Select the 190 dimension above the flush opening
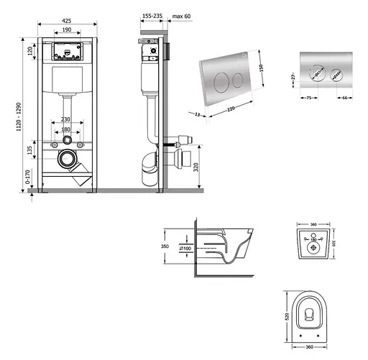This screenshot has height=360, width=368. point(65,32)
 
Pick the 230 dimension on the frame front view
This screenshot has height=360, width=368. point(66,119)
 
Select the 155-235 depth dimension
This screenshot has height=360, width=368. point(151,14)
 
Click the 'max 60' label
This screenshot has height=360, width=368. point(182,14)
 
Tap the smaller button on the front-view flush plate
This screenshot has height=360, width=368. point(335,75)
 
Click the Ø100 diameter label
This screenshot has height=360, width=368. point(183,249)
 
